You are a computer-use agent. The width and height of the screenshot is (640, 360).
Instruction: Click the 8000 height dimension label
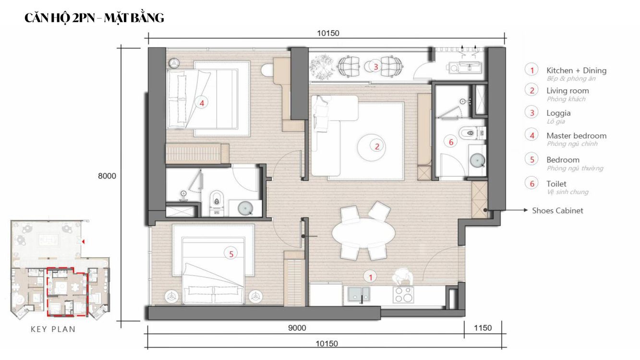pyautogui.click(x=107, y=176)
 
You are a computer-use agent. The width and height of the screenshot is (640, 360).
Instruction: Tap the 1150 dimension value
pyautogui.click(x=483, y=328)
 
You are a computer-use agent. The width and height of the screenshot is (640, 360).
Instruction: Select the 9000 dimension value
pyautogui.click(x=297, y=328)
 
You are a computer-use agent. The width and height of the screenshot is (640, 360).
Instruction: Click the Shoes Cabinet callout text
pyautogui.click(x=557, y=211)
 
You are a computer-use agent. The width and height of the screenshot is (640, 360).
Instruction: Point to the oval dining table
pyautogui.click(x=363, y=233)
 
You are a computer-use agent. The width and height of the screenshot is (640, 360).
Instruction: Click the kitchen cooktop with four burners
pyautogui.click(x=403, y=295)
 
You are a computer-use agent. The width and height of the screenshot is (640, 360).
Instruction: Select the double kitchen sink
pyautogui.click(x=359, y=295)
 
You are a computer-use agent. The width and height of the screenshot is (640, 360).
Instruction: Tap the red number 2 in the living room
pyautogui.click(x=377, y=146)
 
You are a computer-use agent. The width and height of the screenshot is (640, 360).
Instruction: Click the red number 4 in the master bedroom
pyautogui.click(x=202, y=103)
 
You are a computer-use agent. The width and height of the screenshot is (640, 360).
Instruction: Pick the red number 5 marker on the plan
pyautogui.click(x=231, y=254)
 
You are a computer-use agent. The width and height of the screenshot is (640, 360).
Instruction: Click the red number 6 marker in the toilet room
pyautogui.click(x=451, y=142)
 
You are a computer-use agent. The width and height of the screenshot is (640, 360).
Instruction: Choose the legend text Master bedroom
pyautogui.click(x=576, y=136)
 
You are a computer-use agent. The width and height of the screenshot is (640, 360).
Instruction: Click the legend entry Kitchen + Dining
pyautogui.click(x=576, y=70)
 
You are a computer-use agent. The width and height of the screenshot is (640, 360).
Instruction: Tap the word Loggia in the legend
pyautogui.click(x=558, y=113)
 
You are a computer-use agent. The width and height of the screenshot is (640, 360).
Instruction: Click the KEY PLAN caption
pyautogui.click(x=53, y=329)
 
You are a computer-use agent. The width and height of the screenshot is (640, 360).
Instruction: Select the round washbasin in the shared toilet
pyautogui.click(x=477, y=161)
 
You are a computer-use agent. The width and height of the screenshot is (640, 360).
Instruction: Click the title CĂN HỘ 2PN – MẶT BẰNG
pyautogui.click(x=94, y=18)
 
